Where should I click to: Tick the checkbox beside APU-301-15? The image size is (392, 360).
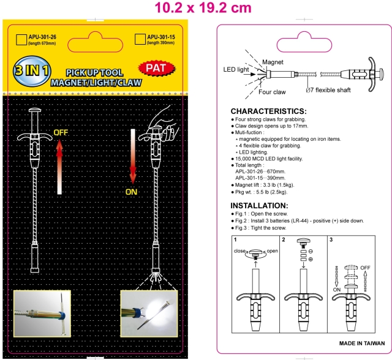(x=139, y=40)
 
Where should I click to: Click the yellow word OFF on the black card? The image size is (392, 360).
(x=61, y=132)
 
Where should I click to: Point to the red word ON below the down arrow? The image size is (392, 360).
(x=132, y=190)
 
